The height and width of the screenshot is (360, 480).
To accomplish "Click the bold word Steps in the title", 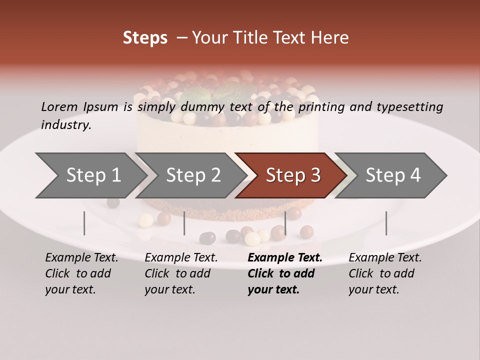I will point(145,38).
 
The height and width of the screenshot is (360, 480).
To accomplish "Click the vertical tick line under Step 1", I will point(84,223).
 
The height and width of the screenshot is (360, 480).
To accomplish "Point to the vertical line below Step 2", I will point(184,223).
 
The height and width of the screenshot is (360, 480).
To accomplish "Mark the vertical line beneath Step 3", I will point(285,223).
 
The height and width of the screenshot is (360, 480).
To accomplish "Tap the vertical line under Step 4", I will point(386,223).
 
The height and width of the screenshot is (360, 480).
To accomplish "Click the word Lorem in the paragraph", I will point(59,106).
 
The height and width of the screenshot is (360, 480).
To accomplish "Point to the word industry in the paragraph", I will point(65,125).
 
